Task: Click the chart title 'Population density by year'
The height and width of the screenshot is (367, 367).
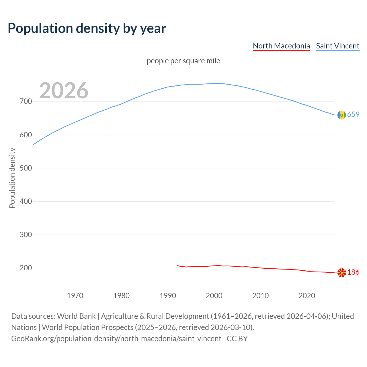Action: coord(87,28)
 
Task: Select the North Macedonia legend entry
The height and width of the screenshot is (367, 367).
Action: coord(281,46)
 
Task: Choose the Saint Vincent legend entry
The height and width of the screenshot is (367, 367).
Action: coord(337,46)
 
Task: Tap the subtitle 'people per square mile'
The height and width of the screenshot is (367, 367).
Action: coord(183,61)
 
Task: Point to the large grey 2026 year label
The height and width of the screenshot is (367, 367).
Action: coord(64,91)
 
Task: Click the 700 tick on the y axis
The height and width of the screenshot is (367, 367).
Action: coord(26,101)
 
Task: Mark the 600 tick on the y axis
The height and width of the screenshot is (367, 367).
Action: coord(26,135)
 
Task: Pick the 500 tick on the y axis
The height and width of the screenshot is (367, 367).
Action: coord(26,168)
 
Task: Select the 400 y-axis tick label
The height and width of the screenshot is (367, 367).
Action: coord(26,201)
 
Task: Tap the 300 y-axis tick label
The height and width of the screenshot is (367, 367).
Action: coord(26,235)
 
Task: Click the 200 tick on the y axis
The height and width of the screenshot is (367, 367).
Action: coord(26,268)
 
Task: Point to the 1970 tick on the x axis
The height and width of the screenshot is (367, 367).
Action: coord(75,295)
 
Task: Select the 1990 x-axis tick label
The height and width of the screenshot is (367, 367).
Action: coord(168,295)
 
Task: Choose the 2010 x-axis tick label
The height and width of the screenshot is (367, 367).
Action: coord(260,295)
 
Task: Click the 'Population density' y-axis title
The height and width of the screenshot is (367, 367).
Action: coord(12,178)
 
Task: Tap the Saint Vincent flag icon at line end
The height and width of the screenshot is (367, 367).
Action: coord(341,115)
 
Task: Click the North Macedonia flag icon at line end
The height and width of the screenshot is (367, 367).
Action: coord(341,273)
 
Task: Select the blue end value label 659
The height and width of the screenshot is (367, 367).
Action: coord(353,114)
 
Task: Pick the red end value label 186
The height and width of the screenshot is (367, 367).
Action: coord(353,272)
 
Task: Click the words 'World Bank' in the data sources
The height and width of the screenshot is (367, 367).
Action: coord(76,316)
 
